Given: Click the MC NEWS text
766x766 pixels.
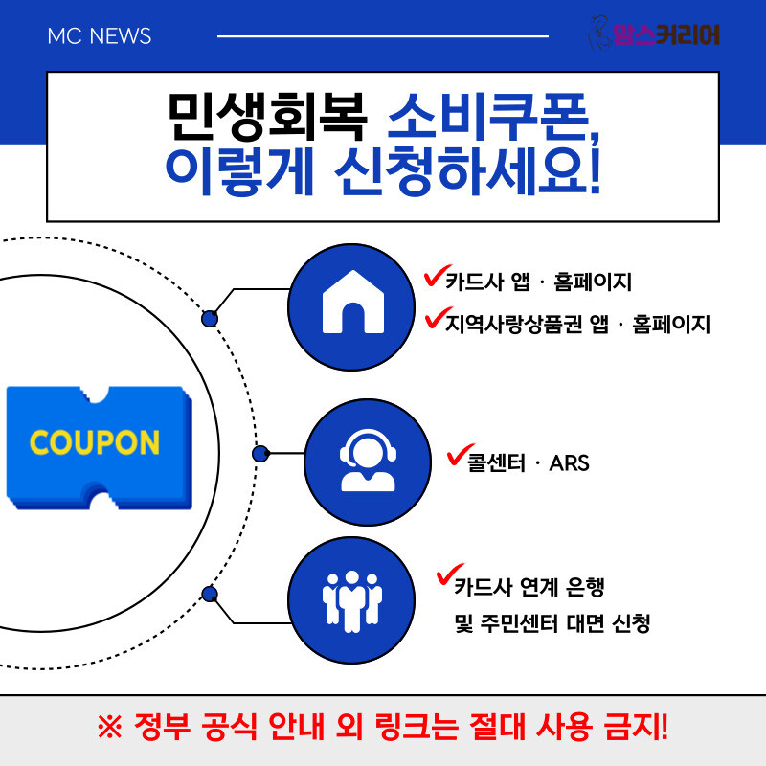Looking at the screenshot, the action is tap(100, 36).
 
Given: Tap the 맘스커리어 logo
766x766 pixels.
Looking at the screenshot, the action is tap(655, 34).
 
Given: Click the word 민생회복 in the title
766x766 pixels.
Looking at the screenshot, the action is tap(267, 116).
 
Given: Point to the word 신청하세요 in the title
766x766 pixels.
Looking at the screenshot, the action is tap(467, 171).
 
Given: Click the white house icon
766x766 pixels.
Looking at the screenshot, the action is tap(353, 302).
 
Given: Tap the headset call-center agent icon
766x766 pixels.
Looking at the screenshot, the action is tap(368, 461).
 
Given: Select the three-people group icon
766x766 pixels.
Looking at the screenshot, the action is tap(351, 601).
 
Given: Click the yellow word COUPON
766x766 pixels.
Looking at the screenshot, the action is tap(95, 442).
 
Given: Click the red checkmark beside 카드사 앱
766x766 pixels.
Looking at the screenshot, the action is tap(437, 276).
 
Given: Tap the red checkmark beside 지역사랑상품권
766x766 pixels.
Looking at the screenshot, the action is tap(438, 318).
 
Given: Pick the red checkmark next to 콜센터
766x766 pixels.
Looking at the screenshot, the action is tap(460, 454).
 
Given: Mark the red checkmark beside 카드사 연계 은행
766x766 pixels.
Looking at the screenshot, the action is tap(448, 574).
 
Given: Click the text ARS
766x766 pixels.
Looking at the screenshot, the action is tap(569, 463).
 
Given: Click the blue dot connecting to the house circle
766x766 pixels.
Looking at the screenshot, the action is tap(210, 319).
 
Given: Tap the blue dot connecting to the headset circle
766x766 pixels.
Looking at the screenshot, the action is tap(260, 454).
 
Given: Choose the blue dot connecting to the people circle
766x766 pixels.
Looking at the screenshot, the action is tap(210, 594).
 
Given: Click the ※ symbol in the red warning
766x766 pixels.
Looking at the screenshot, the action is tap(110, 728).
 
